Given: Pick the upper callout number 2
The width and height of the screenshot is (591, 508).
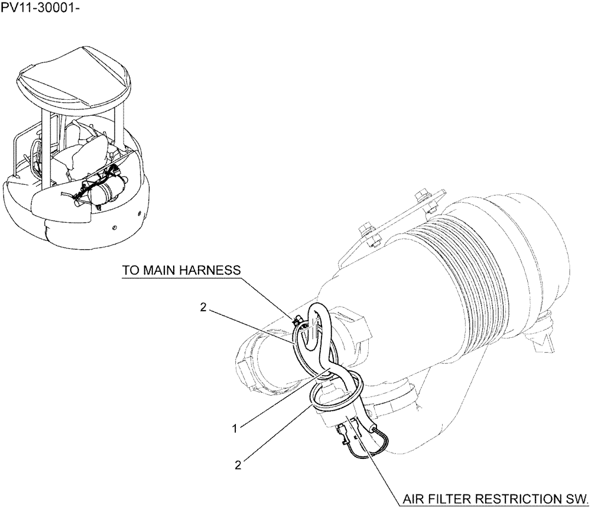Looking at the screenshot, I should tap(203, 307).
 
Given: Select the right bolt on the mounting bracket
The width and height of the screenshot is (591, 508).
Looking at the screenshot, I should tap(421, 196).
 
